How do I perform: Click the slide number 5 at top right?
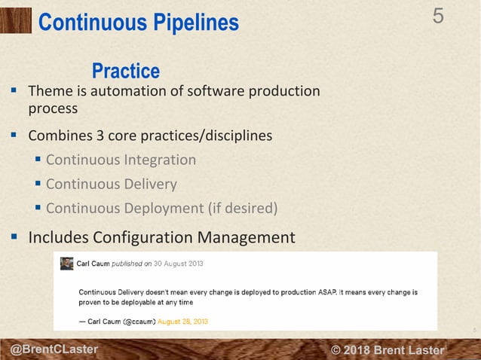(x=438, y=16)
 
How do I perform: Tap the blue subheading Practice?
(x=125, y=72)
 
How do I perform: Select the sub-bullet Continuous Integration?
(x=121, y=160)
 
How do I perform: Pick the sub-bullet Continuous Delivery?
(x=111, y=184)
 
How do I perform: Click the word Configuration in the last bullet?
(x=145, y=238)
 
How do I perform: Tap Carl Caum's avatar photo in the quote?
(x=67, y=264)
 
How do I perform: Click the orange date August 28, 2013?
(x=183, y=322)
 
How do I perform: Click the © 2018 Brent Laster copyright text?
(x=388, y=350)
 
